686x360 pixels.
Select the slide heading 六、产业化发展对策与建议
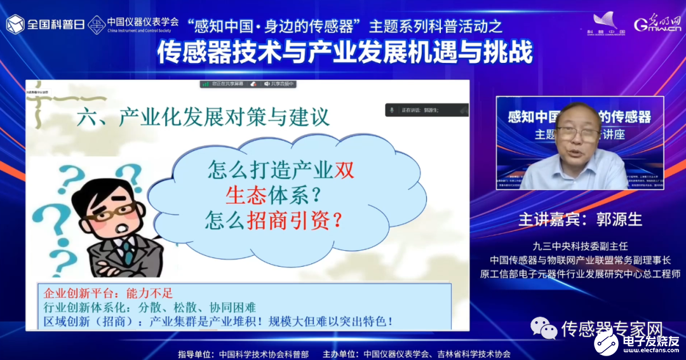[x=202, y=118]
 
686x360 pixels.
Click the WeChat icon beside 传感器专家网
[x=544, y=329]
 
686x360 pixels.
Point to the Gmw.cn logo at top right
[x=657, y=24]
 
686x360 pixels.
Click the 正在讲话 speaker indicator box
[x=426, y=110]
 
